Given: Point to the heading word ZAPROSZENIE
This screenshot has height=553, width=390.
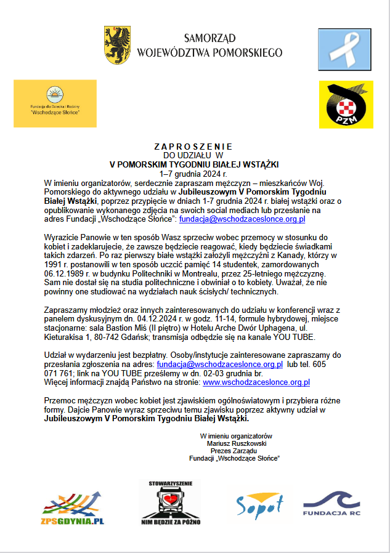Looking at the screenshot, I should [193, 147].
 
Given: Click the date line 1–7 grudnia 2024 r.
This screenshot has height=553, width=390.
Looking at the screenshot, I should [194, 174].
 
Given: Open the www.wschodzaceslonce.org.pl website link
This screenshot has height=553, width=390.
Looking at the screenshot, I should [253, 382].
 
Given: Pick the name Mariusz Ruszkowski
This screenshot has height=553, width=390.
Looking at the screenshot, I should [236, 443].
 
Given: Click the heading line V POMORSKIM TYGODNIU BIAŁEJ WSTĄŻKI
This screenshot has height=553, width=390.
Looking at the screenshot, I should [194, 164].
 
